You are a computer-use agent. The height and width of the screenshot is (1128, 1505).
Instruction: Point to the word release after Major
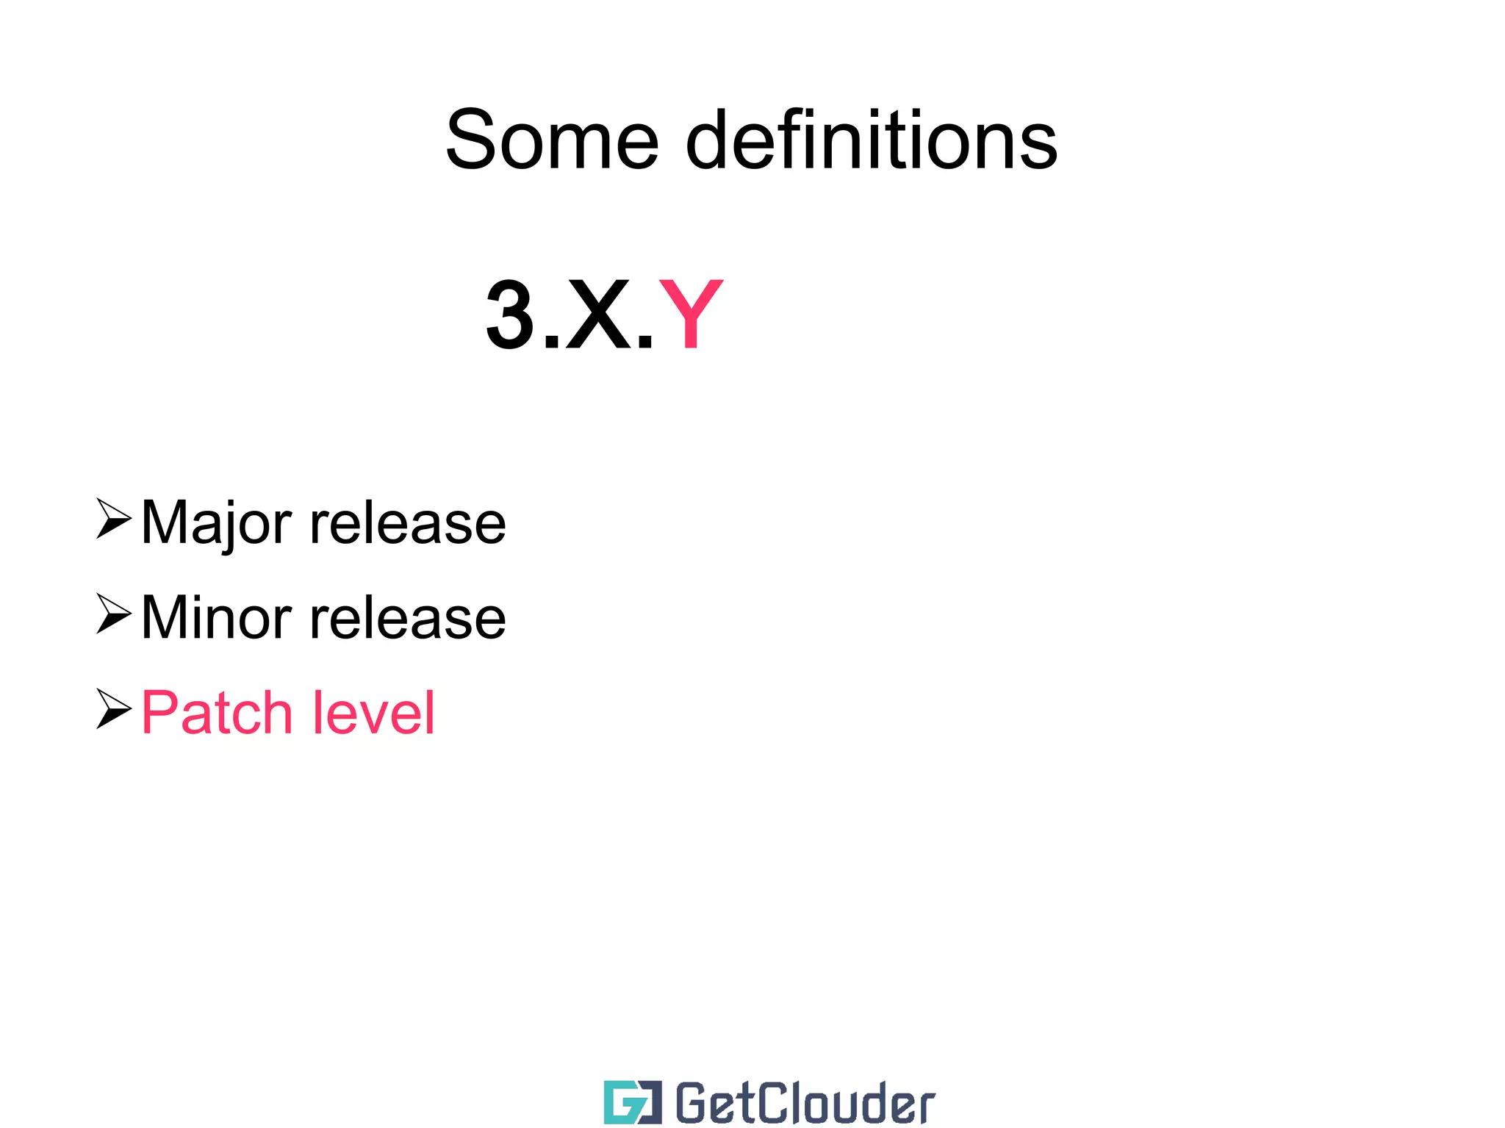pyautogui.click(x=409, y=523)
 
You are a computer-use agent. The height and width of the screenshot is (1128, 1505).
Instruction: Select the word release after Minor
pyautogui.click(x=409, y=618)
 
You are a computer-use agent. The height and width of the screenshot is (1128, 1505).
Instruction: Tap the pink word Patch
pyautogui.click(x=218, y=713)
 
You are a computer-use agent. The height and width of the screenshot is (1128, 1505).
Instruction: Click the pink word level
pyautogui.click(x=374, y=713)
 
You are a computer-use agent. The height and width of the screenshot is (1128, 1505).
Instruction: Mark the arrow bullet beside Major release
pyautogui.click(x=113, y=519)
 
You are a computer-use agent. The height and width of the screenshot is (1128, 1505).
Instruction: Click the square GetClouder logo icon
pyautogui.click(x=632, y=1102)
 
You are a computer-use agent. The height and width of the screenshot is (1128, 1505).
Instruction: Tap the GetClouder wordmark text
pyautogui.click(x=805, y=1103)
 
